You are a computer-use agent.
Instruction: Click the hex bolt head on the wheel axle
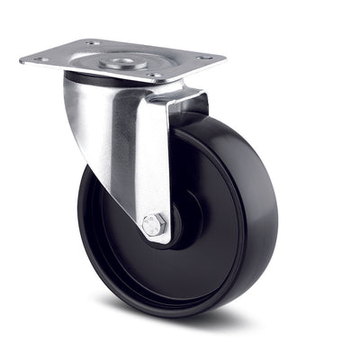(x=153, y=225)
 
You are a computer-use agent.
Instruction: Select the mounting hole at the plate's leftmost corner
(x=40, y=60)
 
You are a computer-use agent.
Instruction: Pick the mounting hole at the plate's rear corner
(x=93, y=42)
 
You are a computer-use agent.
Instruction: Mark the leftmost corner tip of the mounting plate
(x=21, y=62)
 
